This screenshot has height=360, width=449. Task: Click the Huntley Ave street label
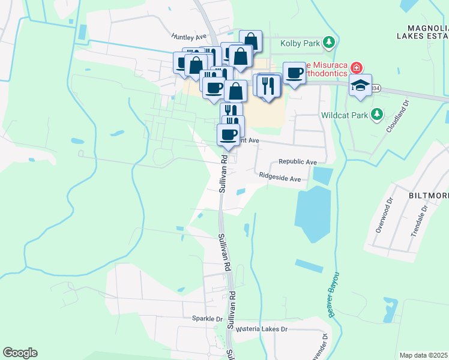(x=189, y=37)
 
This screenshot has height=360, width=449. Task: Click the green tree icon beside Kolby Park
(x=328, y=42)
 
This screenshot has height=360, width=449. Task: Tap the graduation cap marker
(x=360, y=86)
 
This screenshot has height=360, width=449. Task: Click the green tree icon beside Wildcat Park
(x=376, y=113)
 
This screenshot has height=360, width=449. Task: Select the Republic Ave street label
(x=297, y=163)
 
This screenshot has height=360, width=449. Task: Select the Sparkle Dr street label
(x=207, y=319)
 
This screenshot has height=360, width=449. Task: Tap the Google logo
(x=20, y=353)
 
